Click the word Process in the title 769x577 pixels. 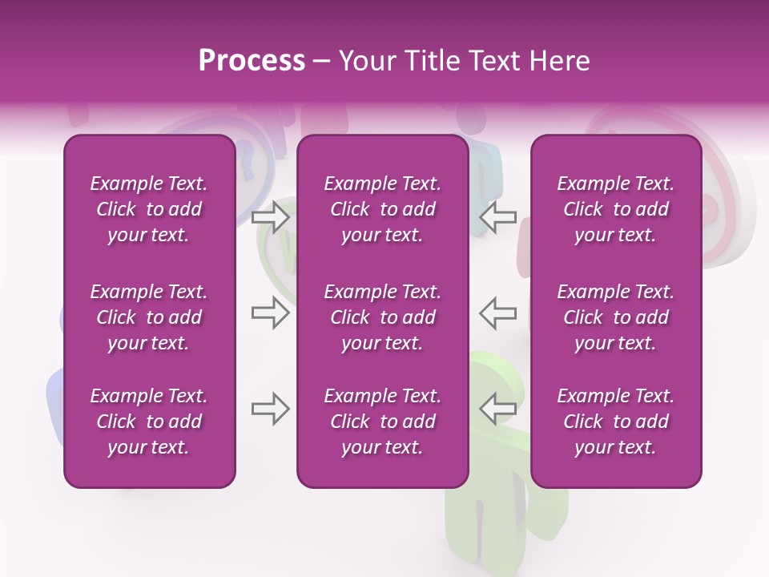(252, 61)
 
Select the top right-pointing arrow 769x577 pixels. (271, 216)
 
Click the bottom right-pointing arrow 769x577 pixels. (271, 409)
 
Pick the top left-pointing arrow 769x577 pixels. (497, 216)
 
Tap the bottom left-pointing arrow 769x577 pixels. (497, 409)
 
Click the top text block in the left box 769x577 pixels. (149, 209)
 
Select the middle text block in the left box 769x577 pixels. (149, 317)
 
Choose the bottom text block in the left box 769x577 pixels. (149, 422)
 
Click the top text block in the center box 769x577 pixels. (382, 209)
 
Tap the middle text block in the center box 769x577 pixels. (382, 317)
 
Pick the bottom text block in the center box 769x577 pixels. (382, 422)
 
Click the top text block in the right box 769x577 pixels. (615, 209)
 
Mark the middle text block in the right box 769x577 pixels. (615, 317)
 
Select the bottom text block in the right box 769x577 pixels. (615, 422)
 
